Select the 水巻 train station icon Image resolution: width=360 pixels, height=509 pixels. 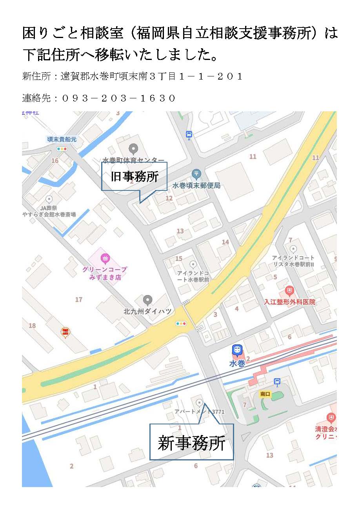click(x=237, y=350)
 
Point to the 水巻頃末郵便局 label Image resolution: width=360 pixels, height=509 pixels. click(x=196, y=185)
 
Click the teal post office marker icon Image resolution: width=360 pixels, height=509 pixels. click(x=196, y=173)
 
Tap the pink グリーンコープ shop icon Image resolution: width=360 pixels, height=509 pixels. click(x=105, y=258)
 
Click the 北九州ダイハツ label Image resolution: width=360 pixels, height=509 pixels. click(x=147, y=312)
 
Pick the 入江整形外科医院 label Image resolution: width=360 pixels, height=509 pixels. click(x=289, y=302)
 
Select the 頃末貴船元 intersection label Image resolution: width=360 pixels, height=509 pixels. click(x=62, y=139)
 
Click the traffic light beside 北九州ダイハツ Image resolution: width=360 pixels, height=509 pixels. click(x=181, y=324)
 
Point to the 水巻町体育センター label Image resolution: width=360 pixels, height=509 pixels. click(x=133, y=160)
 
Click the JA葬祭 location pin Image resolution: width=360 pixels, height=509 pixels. click(x=49, y=199)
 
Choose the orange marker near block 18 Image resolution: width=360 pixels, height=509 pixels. click(x=65, y=332)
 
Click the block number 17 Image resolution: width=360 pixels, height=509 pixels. click(x=79, y=300)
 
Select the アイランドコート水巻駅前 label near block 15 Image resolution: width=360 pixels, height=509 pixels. click(x=193, y=276)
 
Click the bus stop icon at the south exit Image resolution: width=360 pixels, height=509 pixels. click(x=277, y=381)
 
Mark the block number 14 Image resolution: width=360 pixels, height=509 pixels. click(x=225, y=242)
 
